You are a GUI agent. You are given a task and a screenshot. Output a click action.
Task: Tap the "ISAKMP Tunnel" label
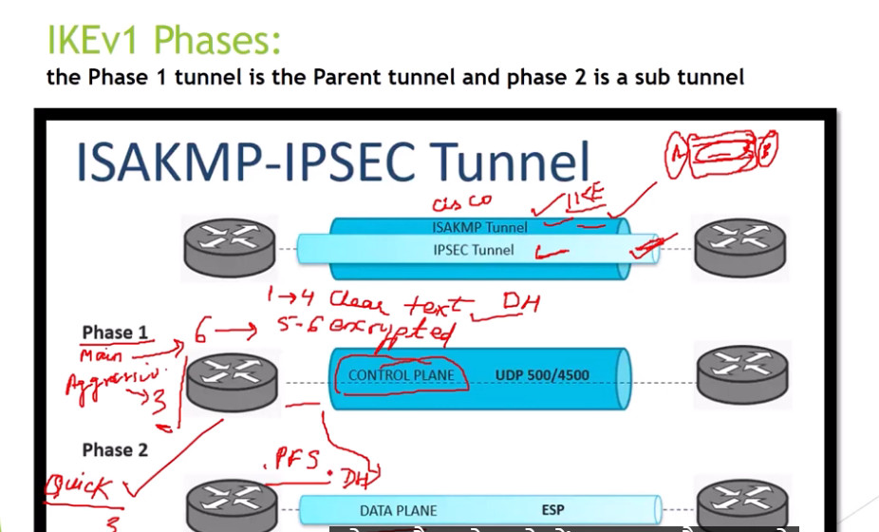point(479,227)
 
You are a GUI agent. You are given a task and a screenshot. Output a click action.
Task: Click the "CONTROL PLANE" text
point(401,375)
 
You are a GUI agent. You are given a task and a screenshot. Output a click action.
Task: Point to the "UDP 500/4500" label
point(541,375)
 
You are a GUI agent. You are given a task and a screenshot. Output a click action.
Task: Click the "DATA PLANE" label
point(398,511)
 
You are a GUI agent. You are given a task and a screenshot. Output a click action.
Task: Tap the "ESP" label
point(552,510)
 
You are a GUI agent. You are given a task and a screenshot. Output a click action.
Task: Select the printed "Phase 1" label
point(115,332)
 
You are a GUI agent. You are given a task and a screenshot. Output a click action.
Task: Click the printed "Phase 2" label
point(115,449)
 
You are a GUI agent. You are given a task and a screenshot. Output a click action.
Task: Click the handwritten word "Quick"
point(78,489)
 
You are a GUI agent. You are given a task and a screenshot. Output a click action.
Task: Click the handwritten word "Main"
point(103,355)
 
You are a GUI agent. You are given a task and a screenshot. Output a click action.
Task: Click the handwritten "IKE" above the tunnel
point(586,199)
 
